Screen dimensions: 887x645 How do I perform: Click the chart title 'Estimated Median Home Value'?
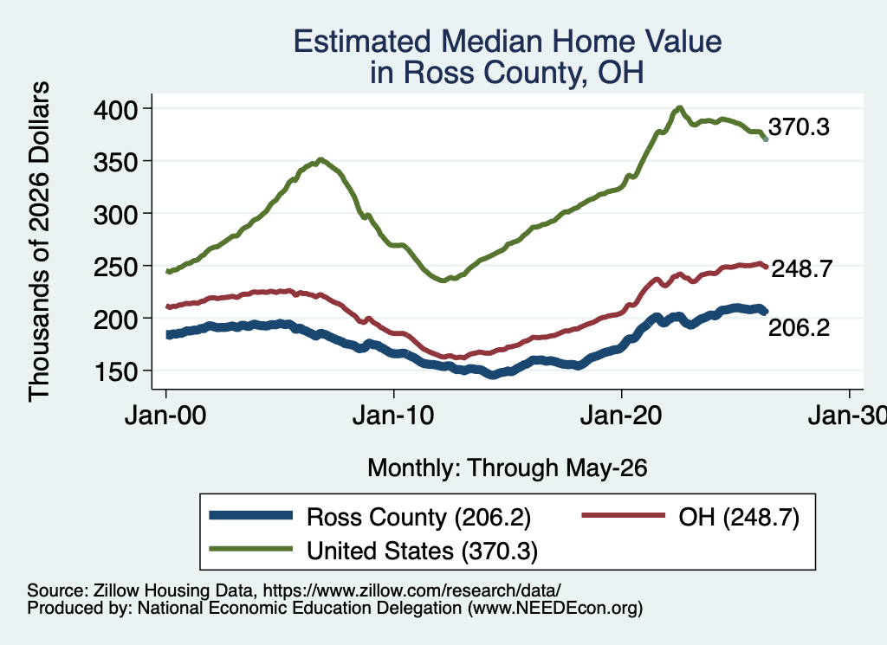pyautogui.click(x=508, y=42)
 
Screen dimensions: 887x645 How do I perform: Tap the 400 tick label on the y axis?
pyautogui.click(x=115, y=110)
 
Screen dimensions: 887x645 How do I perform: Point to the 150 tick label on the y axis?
pyautogui.click(x=115, y=372)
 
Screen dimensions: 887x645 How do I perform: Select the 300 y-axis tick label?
pyautogui.click(x=115, y=215)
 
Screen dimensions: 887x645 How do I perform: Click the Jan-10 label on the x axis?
pyautogui.click(x=393, y=416)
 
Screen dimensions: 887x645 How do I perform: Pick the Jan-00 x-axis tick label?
pyautogui.click(x=165, y=416)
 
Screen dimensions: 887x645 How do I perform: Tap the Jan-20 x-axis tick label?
pyautogui.click(x=621, y=416)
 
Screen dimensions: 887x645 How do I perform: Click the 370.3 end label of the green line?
pyautogui.click(x=799, y=127)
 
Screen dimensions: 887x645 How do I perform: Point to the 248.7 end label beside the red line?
pyautogui.click(x=801, y=269)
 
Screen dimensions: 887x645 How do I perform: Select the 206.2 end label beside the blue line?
pyautogui.click(x=799, y=328)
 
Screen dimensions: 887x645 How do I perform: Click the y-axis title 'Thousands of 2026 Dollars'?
pyautogui.click(x=39, y=242)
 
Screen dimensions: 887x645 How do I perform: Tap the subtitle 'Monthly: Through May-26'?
pyautogui.click(x=508, y=468)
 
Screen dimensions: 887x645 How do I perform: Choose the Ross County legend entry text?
pyautogui.click(x=418, y=517)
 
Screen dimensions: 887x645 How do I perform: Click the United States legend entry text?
pyautogui.click(x=422, y=551)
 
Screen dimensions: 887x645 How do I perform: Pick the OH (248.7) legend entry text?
pyautogui.click(x=739, y=517)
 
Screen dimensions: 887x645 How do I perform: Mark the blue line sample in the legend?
pyautogui.click(x=250, y=515)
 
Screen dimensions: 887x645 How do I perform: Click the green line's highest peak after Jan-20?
pyautogui.click(x=679, y=107)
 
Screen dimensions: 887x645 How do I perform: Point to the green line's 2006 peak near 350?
pyautogui.click(x=320, y=160)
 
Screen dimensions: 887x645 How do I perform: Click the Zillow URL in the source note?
pyautogui.click(x=411, y=590)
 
